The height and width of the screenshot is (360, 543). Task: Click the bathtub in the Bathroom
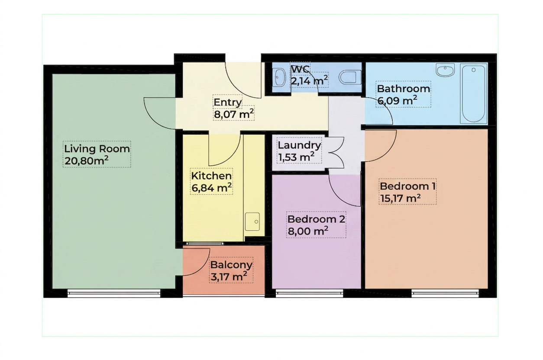pos(473,94)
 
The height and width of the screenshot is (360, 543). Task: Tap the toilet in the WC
pos(350,77)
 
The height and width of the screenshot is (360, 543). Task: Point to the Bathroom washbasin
pos(445,70)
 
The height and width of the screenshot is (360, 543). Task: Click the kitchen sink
pos(252,222)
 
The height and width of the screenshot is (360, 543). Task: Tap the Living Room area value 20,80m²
pos(86,161)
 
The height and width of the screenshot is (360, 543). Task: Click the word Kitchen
pos(211,176)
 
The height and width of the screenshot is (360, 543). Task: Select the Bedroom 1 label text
pos(407,186)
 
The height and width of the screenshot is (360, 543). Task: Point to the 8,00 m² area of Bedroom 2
pos(308,231)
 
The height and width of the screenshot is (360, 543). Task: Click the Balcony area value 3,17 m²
pos(229,276)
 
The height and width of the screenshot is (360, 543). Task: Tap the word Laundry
pos(299,145)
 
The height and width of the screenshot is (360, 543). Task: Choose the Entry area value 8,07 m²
pos(234,114)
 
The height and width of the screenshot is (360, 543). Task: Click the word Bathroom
pos(404,89)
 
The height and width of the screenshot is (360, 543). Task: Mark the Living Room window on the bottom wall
pos(114,293)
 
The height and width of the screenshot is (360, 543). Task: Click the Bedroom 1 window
pos(445,293)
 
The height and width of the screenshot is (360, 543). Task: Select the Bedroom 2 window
pos(310,293)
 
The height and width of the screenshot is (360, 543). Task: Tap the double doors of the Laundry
pos(336,152)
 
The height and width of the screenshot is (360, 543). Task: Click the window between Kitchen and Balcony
pos(205,243)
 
